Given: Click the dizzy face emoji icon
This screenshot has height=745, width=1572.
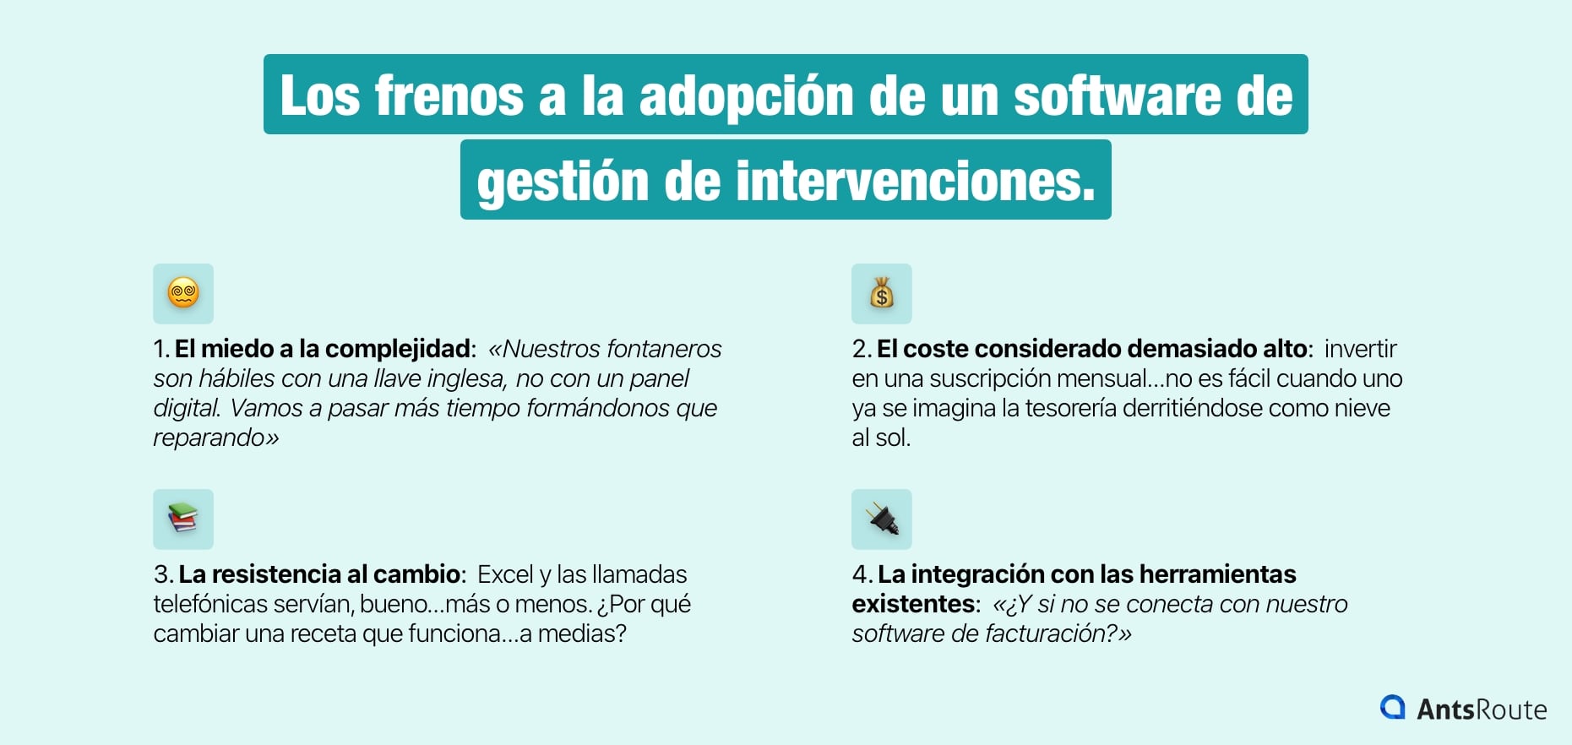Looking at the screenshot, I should (x=183, y=294).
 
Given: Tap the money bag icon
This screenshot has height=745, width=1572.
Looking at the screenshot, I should (x=881, y=294).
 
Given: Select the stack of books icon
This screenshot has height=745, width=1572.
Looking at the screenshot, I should (x=183, y=519).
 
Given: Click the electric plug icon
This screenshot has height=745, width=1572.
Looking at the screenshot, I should (x=881, y=519).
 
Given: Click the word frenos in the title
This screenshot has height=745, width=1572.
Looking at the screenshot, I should (x=449, y=95).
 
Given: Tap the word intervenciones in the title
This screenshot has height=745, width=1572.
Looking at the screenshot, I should (x=915, y=181).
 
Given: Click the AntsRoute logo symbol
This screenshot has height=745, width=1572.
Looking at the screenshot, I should (x=1392, y=708).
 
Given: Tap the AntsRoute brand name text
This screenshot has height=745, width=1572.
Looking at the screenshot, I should (x=1482, y=710).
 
